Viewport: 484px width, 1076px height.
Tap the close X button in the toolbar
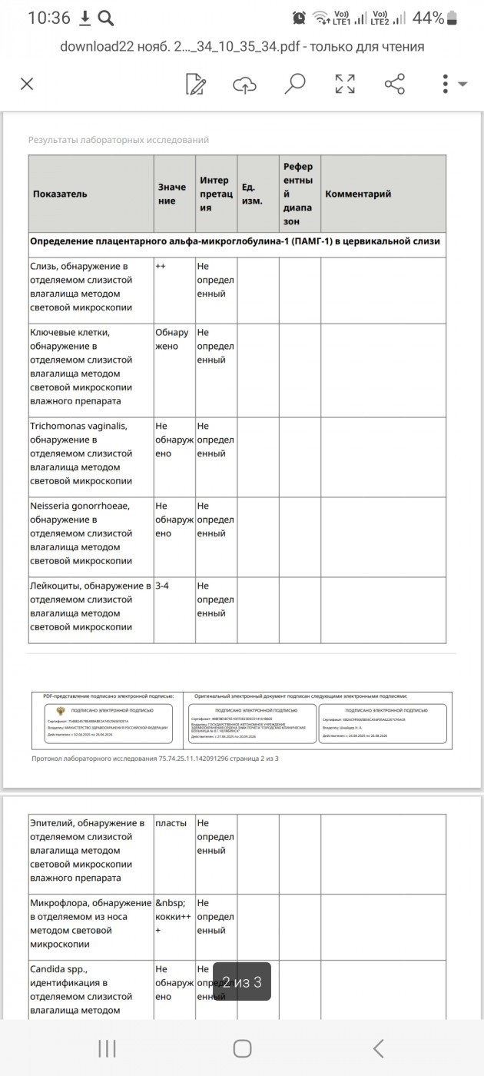click(x=27, y=84)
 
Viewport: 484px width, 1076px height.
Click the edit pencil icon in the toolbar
click(x=196, y=84)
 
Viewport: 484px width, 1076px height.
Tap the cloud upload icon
click(x=244, y=84)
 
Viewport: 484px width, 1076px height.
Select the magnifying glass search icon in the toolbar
click(x=294, y=83)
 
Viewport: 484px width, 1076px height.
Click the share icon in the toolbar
click(x=394, y=84)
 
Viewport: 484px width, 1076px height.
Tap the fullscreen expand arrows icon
click(x=345, y=84)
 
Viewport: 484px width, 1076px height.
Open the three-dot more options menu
click(x=446, y=84)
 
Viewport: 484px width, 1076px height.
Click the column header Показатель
click(x=60, y=194)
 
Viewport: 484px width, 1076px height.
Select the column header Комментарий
click(x=358, y=194)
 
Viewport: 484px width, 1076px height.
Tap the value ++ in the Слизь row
click(x=161, y=266)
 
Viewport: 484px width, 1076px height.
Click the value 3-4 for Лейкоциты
click(x=162, y=586)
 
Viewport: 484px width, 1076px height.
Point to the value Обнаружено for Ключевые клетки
click(x=171, y=339)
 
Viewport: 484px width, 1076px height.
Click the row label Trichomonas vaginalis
click(x=78, y=426)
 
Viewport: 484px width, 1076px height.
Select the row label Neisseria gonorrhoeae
click(x=80, y=506)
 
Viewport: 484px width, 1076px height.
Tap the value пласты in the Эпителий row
click(x=171, y=823)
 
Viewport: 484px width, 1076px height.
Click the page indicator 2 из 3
click(x=241, y=981)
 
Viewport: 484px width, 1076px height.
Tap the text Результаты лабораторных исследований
click(x=118, y=140)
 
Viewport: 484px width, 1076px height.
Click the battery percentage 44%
click(x=428, y=18)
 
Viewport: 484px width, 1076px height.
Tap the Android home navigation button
click(x=242, y=1048)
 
